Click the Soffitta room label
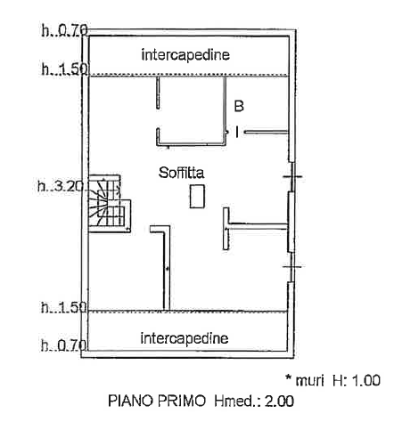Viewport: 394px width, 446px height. [x=181, y=173]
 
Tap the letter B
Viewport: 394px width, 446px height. [x=239, y=106]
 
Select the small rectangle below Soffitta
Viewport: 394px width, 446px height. [x=197, y=196]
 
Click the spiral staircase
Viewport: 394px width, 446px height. [x=110, y=204]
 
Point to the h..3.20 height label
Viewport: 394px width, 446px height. [x=62, y=187]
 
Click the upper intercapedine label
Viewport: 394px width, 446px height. [x=185, y=55]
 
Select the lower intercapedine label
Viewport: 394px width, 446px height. [x=185, y=338]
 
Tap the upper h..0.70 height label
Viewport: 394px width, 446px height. [x=65, y=30]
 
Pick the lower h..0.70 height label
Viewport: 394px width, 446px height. [x=63, y=345]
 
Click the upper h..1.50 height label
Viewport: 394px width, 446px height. [x=65, y=69]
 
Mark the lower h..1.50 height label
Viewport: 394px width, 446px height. [x=63, y=307]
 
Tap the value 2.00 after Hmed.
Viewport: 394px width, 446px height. [x=279, y=401]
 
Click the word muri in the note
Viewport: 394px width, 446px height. [x=309, y=381]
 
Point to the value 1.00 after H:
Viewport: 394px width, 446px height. [x=366, y=380]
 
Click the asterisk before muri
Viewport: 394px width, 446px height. [x=288, y=377]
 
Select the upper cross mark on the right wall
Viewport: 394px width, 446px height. [x=292, y=177]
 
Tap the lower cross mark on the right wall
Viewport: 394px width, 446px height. [x=292, y=266]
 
